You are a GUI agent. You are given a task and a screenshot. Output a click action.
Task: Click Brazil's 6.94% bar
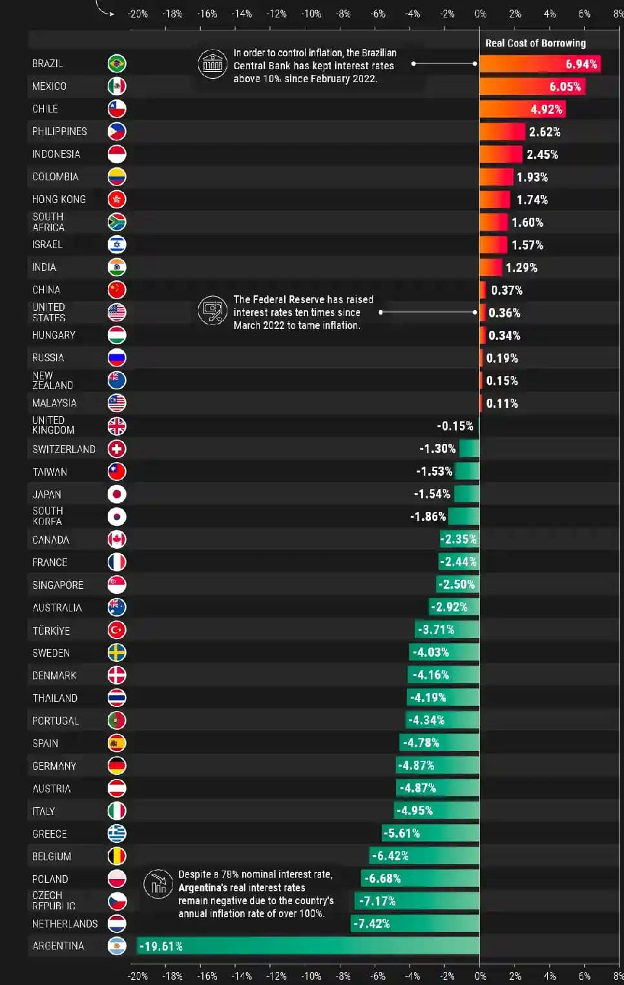pyautogui.click(x=539, y=64)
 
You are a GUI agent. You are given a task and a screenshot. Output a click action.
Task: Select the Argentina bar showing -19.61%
pyautogui.click(x=308, y=946)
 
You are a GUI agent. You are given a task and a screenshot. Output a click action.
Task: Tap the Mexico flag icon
pyautogui.click(x=117, y=86)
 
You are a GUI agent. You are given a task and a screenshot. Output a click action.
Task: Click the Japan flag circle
pyautogui.click(x=117, y=494)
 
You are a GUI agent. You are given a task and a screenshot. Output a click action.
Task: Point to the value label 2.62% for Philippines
pyautogui.click(x=545, y=132)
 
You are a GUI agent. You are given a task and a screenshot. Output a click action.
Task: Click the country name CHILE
pyautogui.click(x=45, y=109)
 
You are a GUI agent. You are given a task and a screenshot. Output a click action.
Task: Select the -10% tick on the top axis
pyautogui.click(x=311, y=14)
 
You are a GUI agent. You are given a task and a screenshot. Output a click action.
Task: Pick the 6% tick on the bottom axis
pyautogui.click(x=584, y=976)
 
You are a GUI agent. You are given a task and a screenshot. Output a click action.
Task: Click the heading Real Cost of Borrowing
pyautogui.click(x=536, y=43)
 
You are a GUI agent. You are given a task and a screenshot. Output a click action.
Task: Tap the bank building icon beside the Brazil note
pyautogui.click(x=213, y=65)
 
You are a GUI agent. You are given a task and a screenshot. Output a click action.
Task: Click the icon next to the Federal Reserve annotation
pyautogui.click(x=213, y=311)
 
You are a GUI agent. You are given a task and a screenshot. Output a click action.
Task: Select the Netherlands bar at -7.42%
pyautogui.click(x=415, y=924)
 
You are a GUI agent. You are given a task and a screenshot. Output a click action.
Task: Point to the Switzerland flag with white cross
pyautogui.click(x=117, y=449)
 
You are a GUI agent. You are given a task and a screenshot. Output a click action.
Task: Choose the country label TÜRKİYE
pyautogui.click(x=51, y=630)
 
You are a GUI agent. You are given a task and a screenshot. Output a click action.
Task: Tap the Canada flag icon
pyautogui.click(x=117, y=540)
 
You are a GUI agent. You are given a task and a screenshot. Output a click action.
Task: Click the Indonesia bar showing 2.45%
pyautogui.click(x=501, y=154)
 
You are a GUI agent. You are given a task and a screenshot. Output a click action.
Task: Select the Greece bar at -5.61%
pyautogui.click(x=431, y=833)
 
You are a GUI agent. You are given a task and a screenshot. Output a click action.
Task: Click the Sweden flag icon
pyautogui.click(x=117, y=653)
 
